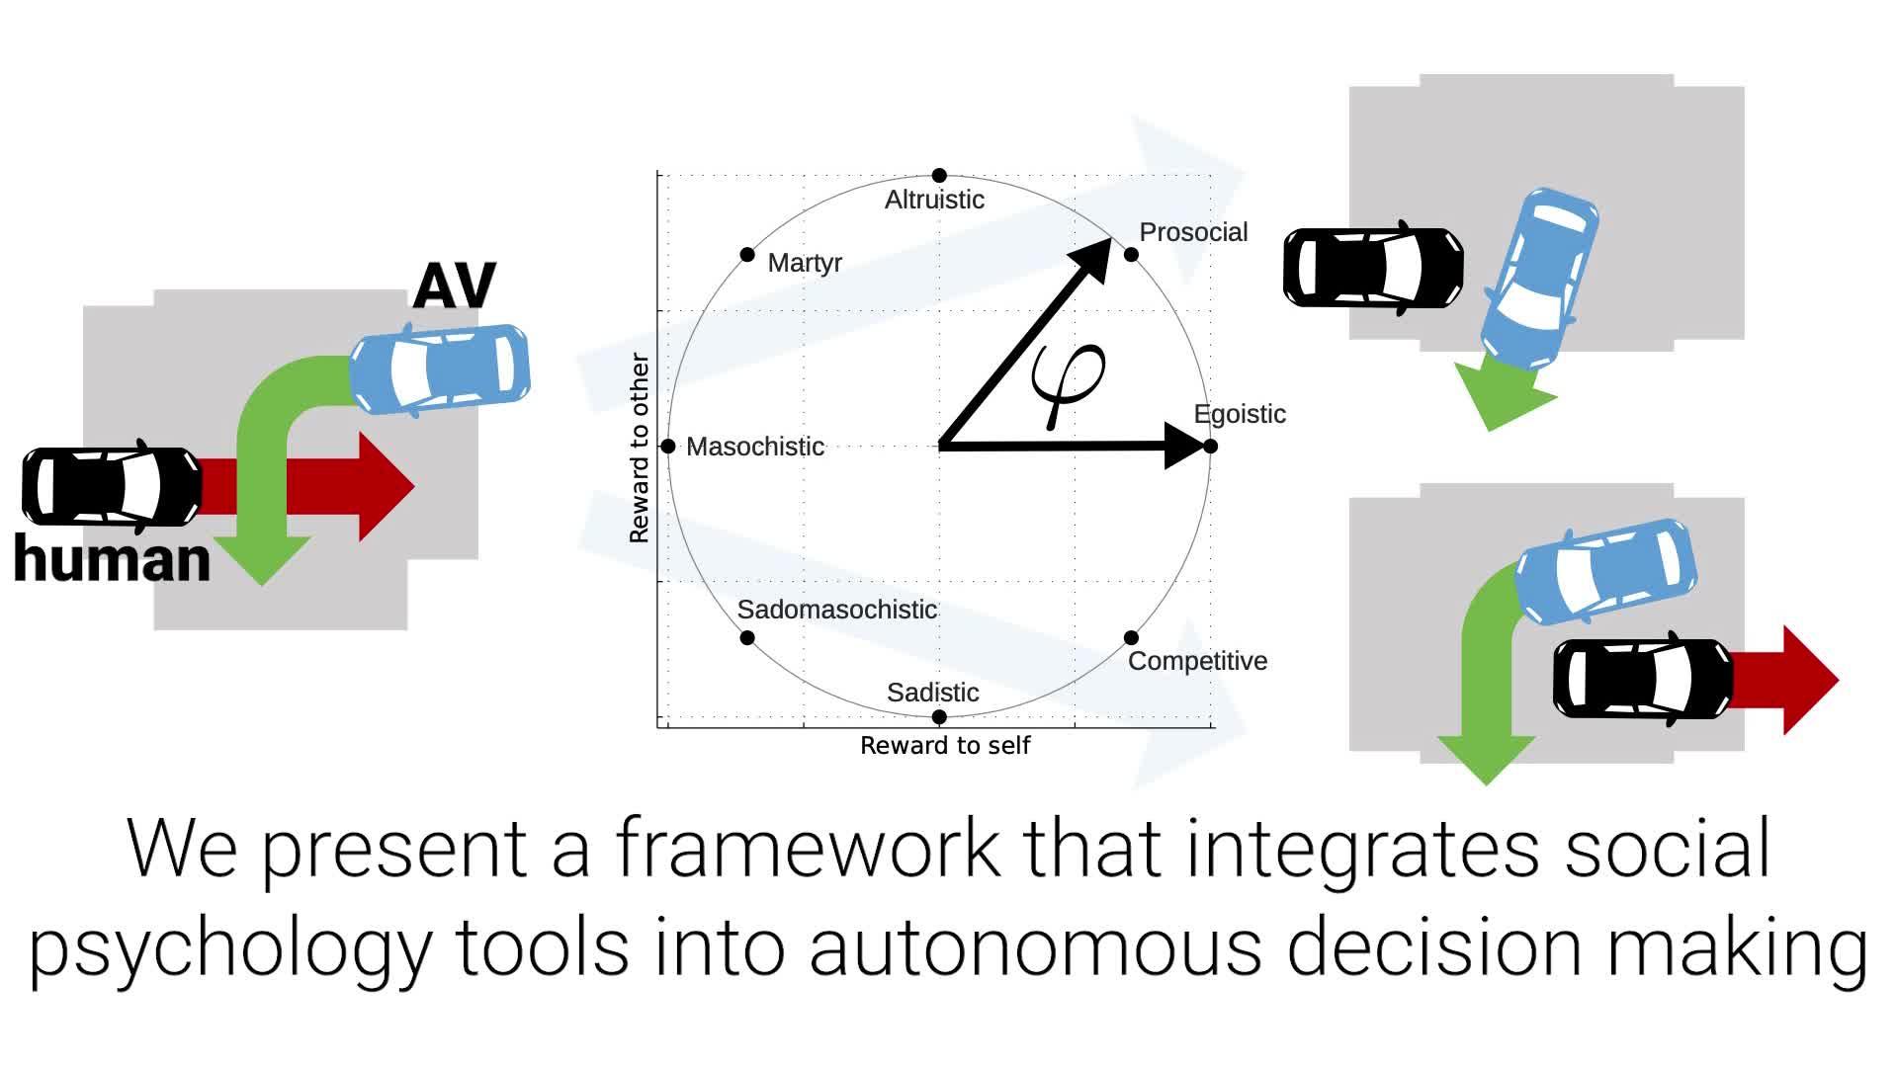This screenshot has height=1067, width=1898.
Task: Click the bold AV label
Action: [x=454, y=287]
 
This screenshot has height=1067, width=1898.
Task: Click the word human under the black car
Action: [x=112, y=559]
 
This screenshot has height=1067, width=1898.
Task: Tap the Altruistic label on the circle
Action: [x=934, y=200]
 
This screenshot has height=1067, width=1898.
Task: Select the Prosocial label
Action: [x=1193, y=232]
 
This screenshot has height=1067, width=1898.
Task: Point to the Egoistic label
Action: [x=1240, y=414]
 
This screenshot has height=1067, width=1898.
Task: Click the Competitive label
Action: [x=1197, y=661]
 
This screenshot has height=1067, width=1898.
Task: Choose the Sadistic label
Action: [x=932, y=693]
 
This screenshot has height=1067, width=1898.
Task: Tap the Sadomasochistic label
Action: [x=836, y=610]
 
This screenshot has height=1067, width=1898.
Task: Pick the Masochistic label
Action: [x=755, y=447]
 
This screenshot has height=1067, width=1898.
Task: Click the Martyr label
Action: [x=805, y=263]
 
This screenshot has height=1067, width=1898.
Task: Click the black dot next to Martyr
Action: [x=747, y=255]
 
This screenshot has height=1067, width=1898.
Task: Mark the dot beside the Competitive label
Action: [x=1131, y=638]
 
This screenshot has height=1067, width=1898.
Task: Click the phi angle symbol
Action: [x=1068, y=380]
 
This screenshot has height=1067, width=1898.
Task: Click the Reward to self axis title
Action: [x=944, y=746]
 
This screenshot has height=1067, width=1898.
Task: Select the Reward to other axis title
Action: [x=639, y=448]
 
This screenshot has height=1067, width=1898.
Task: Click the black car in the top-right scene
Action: [x=1373, y=268]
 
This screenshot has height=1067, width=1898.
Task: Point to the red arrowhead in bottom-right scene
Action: [x=1808, y=680]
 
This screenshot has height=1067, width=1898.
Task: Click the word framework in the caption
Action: [x=807, y=848]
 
